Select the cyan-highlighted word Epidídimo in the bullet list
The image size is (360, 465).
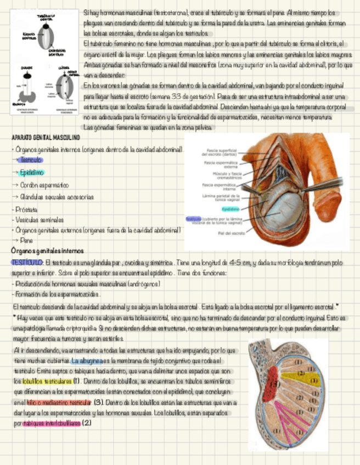32,173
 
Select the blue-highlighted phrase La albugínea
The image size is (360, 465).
87,361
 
